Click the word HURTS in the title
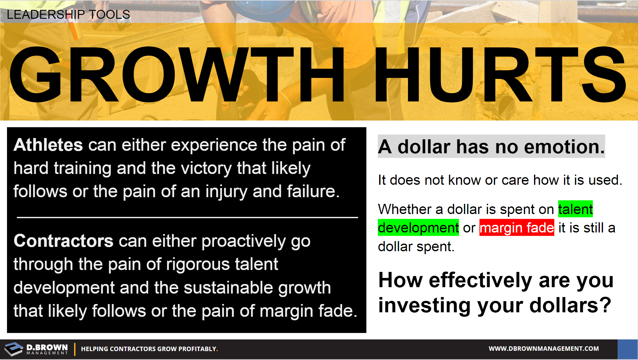[500, 74]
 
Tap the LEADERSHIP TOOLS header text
[68, 14]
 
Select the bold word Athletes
[48, 145]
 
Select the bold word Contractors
[63, 241]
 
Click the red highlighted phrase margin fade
[517, 228]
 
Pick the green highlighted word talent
[576, 209]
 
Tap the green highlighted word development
[418, 228]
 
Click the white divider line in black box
[187, 218]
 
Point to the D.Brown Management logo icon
[14, 349]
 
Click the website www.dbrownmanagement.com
[544, 349]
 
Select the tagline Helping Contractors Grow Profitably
[149, 349]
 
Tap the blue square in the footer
[628, 349]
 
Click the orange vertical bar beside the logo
[75, 349]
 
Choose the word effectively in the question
[481, 280]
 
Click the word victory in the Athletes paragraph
[206, 168]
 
